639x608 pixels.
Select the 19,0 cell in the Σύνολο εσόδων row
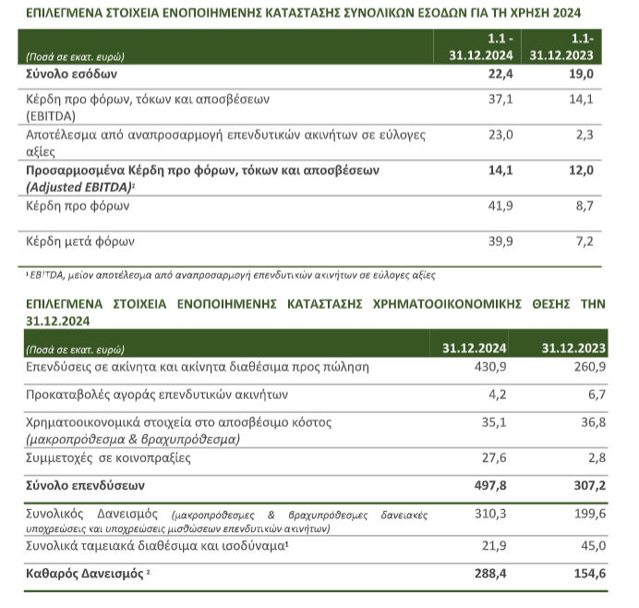581,73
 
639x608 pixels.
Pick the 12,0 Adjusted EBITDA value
581,171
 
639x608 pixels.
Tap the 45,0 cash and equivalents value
587,546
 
